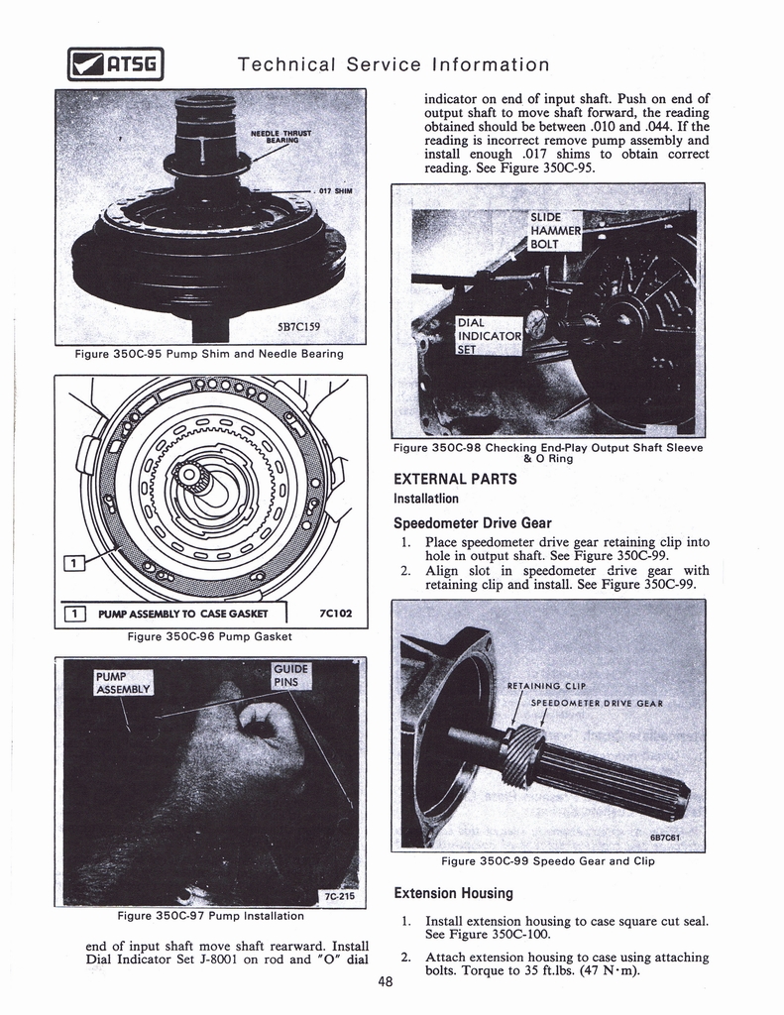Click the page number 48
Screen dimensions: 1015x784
click(387, 983)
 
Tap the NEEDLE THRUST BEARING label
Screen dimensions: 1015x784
click(280, 137)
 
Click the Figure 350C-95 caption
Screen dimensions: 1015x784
click(209, 353)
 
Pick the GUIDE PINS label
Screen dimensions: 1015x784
click(291, 675)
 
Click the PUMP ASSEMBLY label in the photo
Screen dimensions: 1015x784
click(122, 683)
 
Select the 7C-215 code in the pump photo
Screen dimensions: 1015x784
click(340, 896)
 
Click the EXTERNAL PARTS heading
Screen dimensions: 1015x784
click(455, 479)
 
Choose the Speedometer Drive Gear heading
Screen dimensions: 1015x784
click(472, 522)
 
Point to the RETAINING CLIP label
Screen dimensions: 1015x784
click(547, 685)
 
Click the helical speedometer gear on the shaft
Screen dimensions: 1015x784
click(522, 755)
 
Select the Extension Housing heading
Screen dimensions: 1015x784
click(453, 892)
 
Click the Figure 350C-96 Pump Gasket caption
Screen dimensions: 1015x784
click(209, 636)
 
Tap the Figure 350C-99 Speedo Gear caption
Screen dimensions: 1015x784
click(547, 860)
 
